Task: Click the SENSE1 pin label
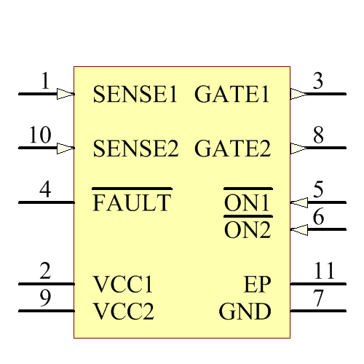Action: [x=135, y=95]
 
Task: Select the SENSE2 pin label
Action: [x=135, y=149]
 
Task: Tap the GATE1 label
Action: [x=232, y=95]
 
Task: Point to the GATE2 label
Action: [x=232, y=149]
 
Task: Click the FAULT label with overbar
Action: [x=132, y=203]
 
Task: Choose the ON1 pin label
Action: [x=248, y=204]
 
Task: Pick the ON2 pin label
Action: [x=248, y=231]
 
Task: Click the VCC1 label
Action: [x=123, y=284]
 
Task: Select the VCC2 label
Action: [x=124, y=312]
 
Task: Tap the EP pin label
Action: [x=258, y=284]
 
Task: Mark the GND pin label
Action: [x=245, y=312]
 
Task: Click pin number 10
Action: [x=40, y=135]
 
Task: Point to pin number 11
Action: [x=324, y=272]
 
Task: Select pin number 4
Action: [x=45, y=190]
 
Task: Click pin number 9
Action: [x=45, y=299]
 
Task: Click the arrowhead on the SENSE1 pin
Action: [x=66, y=94]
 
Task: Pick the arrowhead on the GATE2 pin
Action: [x=298, y=149]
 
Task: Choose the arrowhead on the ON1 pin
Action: [x=298, y=202]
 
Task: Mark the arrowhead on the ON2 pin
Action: [x=298, y=230]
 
